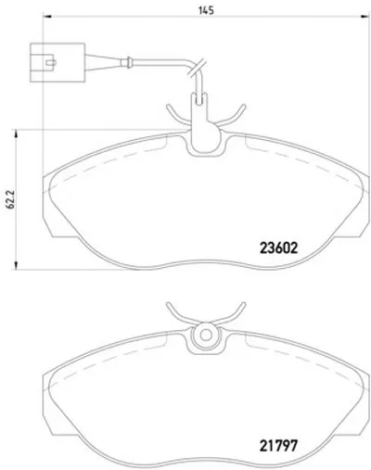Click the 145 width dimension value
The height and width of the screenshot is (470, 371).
[206, 10]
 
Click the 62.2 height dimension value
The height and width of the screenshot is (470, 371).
[10, 199]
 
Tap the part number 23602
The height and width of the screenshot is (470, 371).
[279, 248]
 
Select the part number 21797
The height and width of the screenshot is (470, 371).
[279, 446]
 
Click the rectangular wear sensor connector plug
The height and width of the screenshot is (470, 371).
[58, 63]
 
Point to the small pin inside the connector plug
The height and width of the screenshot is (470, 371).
[50, 63]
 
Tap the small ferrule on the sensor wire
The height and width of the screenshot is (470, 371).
[127, 63]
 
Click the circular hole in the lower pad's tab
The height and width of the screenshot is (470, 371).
[206, 335]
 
